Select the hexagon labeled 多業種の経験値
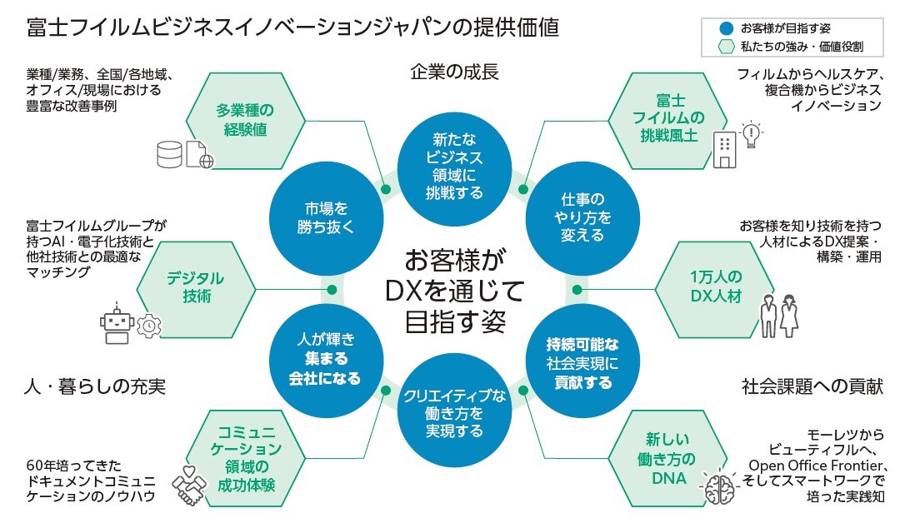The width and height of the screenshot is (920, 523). [x=245, y=119]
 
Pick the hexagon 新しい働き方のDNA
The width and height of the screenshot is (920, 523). [x=665, y=458]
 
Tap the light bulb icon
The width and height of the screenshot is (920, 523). [x=752, y=135]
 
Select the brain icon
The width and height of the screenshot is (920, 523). [x=718, y=486]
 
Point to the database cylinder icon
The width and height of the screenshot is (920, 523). [x=169, y=154]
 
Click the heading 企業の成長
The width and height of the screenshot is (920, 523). [x=454, y=72]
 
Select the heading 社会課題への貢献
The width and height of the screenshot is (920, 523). [x=811, y=386]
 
